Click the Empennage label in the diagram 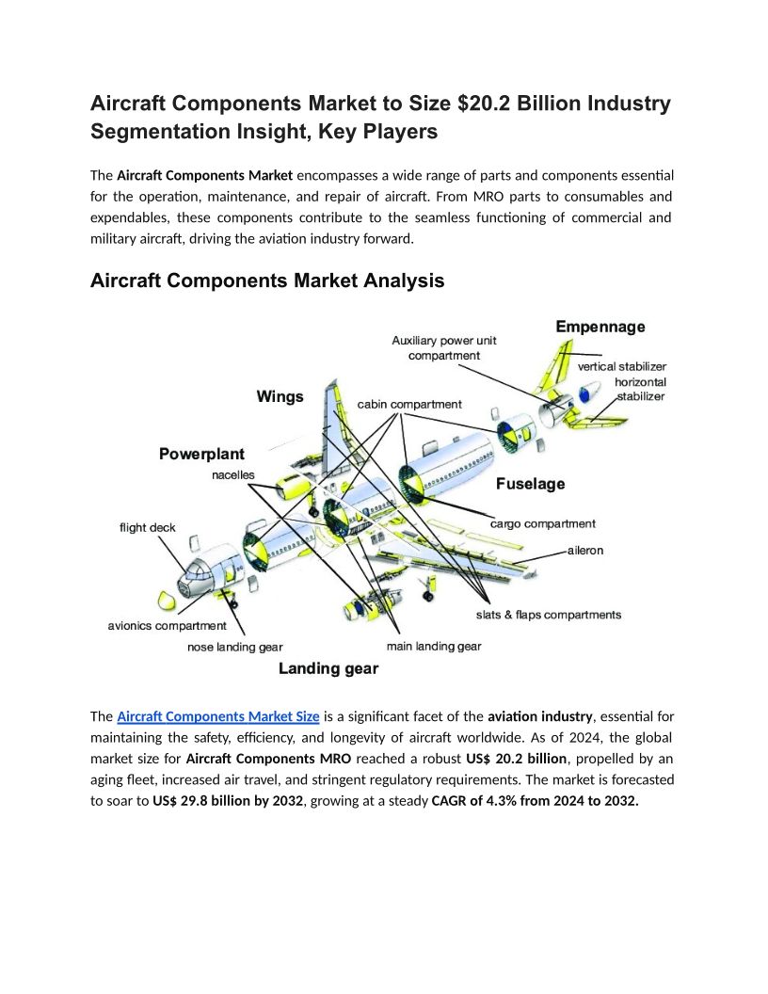[600, 327]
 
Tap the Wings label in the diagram [280, 396]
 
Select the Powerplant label [201, 454]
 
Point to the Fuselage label [531, 484]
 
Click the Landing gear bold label [328, 668]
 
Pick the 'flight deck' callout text [147, 527]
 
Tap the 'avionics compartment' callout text [167, 625]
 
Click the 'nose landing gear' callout [235, 647]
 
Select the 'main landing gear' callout [434, 646]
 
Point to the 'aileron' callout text [585, 550]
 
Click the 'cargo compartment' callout [543, 523]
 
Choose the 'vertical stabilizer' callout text [622, 366]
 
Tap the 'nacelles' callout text [232, 475]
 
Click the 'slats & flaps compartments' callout [549, 615]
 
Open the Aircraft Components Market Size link [218, 716]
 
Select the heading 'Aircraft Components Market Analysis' [267, 281]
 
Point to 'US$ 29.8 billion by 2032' [227, 801]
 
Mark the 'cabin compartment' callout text [409, 404]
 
